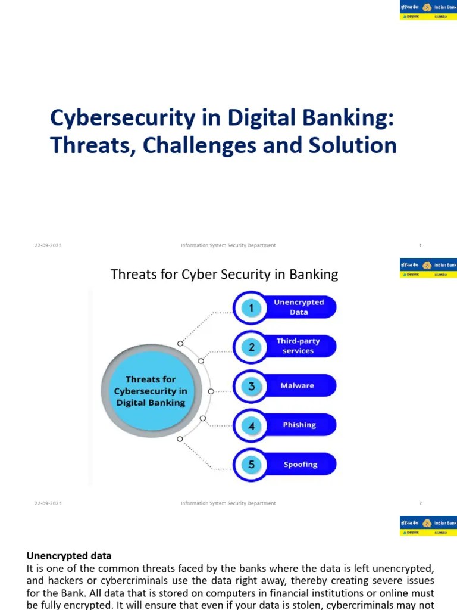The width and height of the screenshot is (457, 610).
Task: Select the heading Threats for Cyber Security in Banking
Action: tap(224, 275)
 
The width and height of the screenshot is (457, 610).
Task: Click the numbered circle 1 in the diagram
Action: tap(251, 308)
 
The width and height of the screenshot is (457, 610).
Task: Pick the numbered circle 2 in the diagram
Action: tap(251, 347)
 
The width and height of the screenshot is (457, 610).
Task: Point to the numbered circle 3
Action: tap(251, 386)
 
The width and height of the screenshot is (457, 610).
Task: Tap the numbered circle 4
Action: tap(251, 425)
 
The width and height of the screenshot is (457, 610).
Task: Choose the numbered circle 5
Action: tap(251, 465)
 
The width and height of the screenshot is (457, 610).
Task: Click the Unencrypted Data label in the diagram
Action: tap(299, 307)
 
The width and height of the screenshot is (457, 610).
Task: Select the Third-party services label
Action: tap(298, 346)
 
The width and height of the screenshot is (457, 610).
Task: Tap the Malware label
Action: tap(297, 386)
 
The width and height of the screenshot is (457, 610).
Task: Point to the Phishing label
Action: tap(299, 425)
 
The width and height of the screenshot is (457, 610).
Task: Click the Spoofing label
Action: tap(300, 465)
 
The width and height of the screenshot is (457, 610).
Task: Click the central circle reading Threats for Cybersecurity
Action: tap(151, 391)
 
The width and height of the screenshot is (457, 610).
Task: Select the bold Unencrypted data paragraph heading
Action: tap(69, 556)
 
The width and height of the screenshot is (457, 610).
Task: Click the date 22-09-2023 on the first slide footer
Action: tap(48, 245)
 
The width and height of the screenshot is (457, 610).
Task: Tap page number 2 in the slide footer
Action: tap(420, 503)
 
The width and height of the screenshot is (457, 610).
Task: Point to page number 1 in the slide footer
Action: tap(420, 245)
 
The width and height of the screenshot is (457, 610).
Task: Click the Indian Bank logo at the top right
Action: tap(428, 10)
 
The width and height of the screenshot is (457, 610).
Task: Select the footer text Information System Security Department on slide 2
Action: tap(228, 503)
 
